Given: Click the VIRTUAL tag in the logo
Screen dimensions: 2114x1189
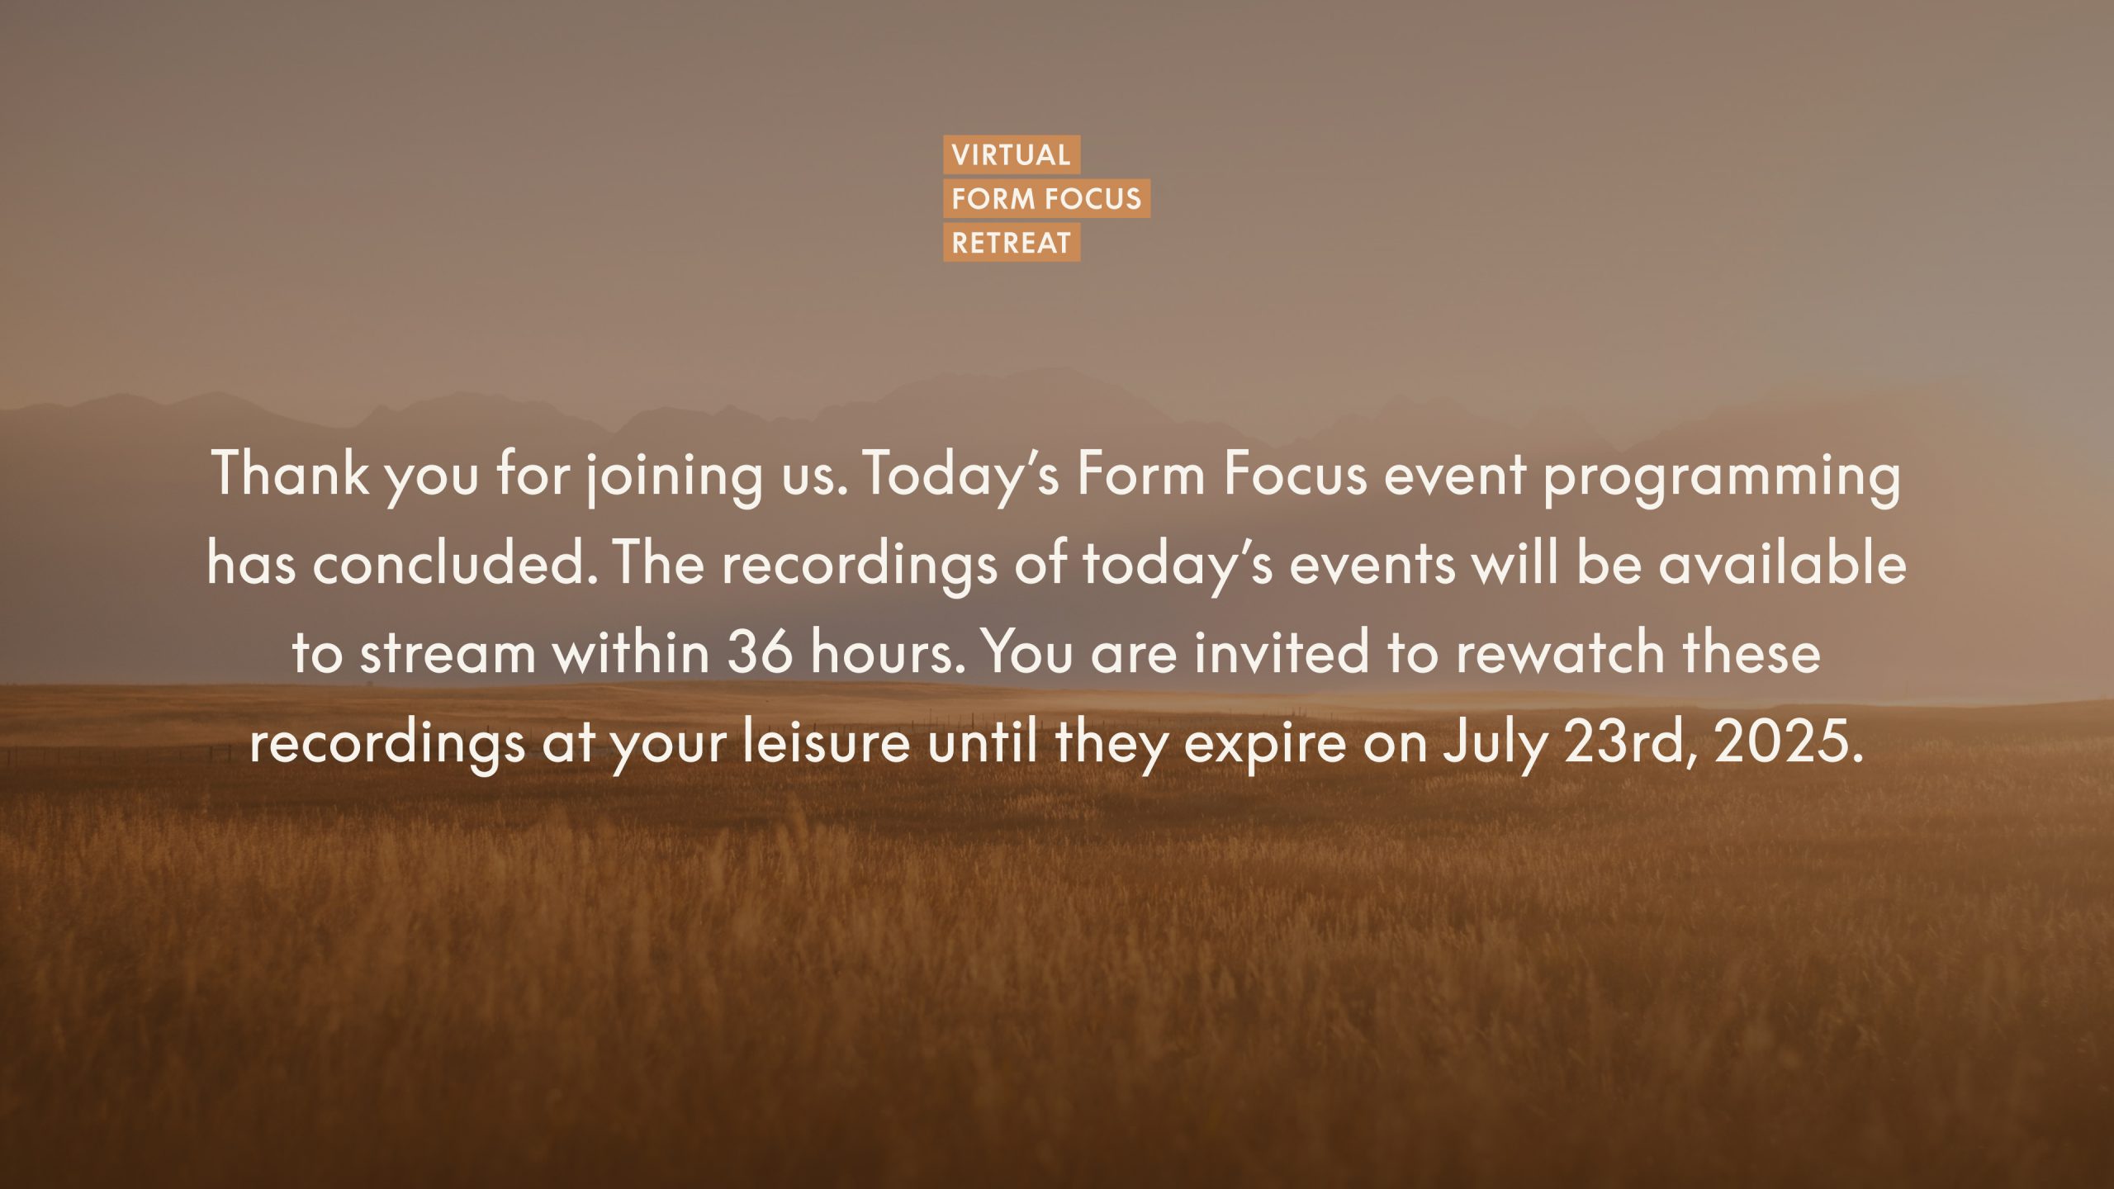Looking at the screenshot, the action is point(1012,154).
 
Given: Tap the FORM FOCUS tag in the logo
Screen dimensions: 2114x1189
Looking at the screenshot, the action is point(1047,199).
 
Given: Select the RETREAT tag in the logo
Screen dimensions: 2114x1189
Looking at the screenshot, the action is point(1012,243).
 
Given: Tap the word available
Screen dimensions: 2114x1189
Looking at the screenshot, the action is point(1783,565).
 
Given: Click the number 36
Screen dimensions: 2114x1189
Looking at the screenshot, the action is point(760,653).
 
